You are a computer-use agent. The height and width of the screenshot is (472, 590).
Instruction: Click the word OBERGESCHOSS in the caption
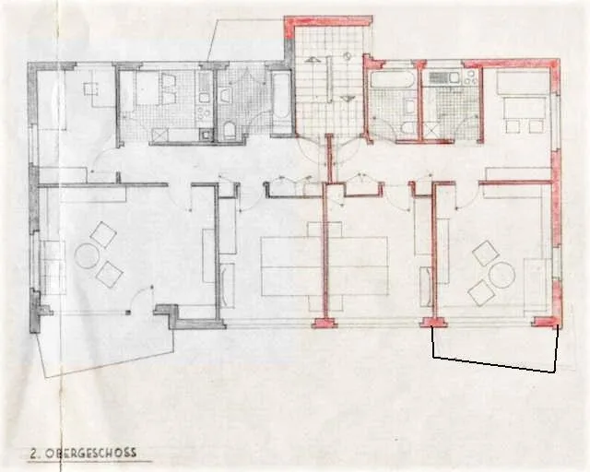click(90, 453)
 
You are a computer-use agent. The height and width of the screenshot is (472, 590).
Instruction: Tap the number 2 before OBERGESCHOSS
click(34, 454)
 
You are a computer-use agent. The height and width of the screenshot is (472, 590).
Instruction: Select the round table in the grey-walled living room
click(87, 256)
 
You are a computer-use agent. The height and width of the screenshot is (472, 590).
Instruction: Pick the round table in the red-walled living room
click(501, 275)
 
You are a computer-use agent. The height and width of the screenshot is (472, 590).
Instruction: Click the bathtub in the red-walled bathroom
click(393, 79)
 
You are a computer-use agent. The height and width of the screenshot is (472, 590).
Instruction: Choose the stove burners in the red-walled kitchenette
click(471, 78)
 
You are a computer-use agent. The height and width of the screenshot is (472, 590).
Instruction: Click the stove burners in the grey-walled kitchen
click(204, 113)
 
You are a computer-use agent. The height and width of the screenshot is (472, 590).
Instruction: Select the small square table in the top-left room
click(92, 88)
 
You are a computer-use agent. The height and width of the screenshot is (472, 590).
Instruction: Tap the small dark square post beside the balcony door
click(128, 312)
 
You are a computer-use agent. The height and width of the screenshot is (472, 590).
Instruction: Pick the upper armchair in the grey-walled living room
click(103, 235)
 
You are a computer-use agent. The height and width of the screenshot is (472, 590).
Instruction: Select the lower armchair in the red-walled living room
click(481, 292)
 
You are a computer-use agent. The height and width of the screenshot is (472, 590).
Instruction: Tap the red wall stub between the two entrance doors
click(330, 158)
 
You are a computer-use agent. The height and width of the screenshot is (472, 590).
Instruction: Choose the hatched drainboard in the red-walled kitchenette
click(439, 77)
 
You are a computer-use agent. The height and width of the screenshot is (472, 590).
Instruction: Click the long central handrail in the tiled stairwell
click(330, 78)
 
